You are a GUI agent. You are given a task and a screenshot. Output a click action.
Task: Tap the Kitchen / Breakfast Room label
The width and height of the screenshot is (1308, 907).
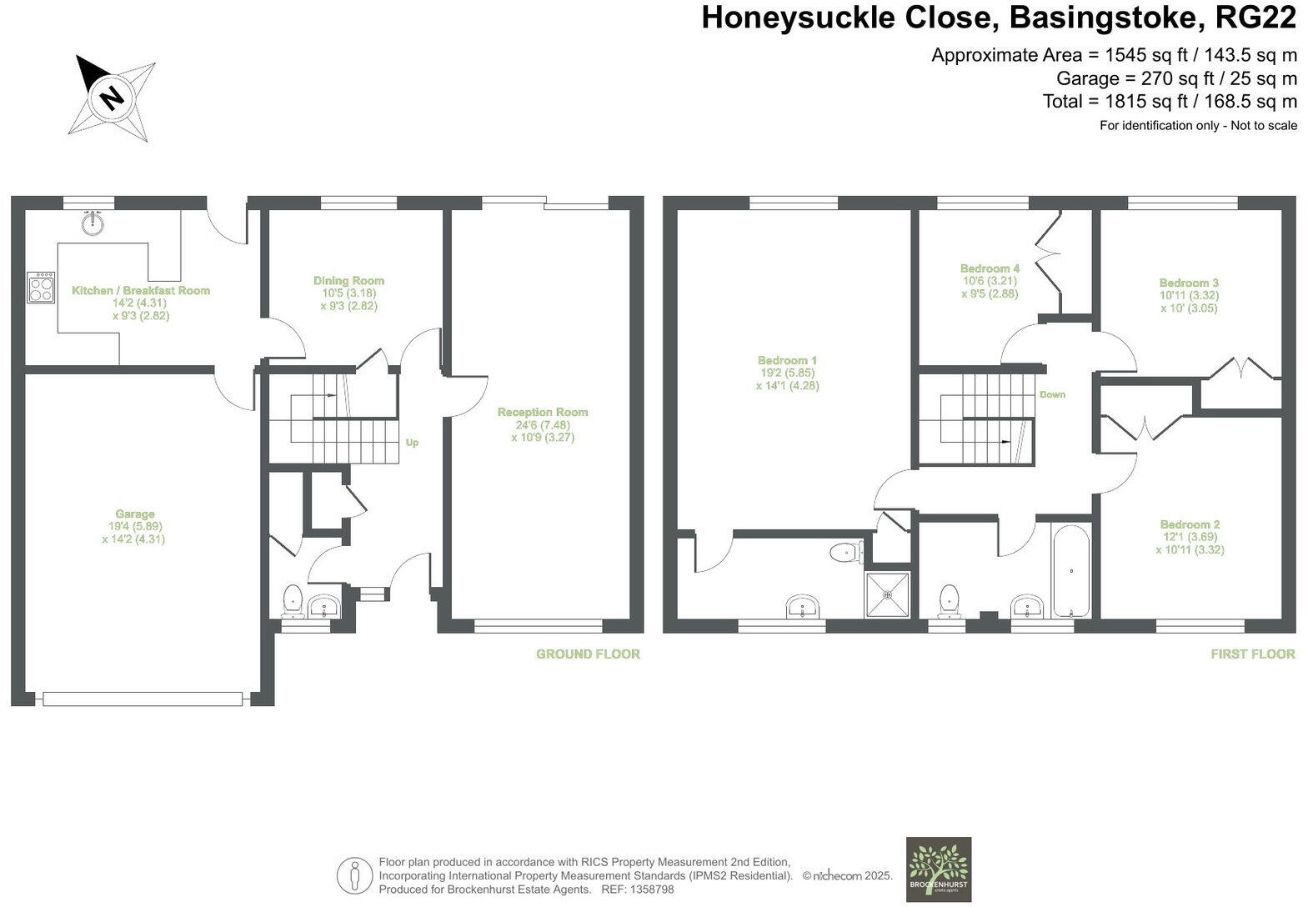pyautogui.click(x=141, y=290)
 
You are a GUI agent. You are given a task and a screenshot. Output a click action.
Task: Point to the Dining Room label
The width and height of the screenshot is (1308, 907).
pyautogui.click(x=348, y=281)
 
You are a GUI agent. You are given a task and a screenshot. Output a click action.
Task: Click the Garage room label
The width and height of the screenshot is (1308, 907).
pyautogui.click(x=135, y=514)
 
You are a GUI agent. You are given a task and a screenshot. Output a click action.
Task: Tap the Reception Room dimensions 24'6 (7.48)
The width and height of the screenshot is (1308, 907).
pyautogui.click(x=543, y=424)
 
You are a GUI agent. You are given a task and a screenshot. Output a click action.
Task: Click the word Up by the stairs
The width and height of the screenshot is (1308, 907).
pyautogui.click(x=412, y=443)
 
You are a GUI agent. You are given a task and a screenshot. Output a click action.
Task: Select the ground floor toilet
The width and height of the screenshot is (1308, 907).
pyautogui.click(x=293, y=599)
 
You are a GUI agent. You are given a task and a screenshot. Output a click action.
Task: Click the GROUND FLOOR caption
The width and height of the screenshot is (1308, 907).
pyautogui.click(x=588, y=654)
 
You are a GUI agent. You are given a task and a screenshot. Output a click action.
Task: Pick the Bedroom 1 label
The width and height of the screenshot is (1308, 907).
pyautogui.click(x=788, y=360)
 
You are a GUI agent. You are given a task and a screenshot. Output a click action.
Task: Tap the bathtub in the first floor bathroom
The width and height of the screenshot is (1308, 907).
pyautogui.click(x=1071, y=571)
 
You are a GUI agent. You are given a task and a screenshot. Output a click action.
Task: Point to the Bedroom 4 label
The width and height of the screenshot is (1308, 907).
pyautogui.click(x=990, y=268)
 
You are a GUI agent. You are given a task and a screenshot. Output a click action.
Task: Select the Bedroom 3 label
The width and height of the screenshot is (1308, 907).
pyautogui.click(x=1189, y=283)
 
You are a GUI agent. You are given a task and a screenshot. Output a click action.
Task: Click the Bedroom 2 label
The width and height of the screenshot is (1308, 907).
pyautogui.click(x=1190, y=524)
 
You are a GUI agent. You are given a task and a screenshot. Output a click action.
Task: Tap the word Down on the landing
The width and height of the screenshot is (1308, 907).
pyautogui.click(x=1052, y=394)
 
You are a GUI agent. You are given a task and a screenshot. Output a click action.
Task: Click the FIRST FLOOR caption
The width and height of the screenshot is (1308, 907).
pyautogui.click(x=1253, y=654)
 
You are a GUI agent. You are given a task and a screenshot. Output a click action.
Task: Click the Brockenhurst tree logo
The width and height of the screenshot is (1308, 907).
pyautogui.click(x=939, y=869)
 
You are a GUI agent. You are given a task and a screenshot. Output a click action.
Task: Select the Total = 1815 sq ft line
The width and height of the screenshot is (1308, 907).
pyautogui.click(x=1170, y=102)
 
